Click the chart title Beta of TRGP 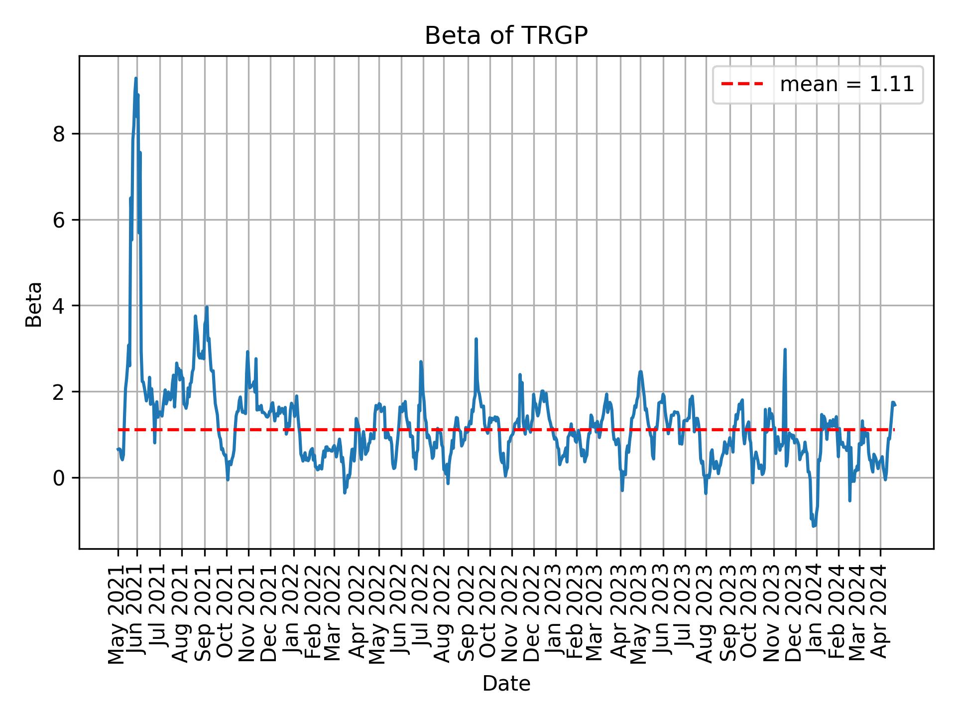506,36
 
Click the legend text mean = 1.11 846,85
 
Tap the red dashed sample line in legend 742,85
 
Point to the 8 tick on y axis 59,134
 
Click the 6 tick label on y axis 59,220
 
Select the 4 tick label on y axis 59,306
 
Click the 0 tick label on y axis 59,478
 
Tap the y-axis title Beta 34,304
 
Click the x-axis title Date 506,684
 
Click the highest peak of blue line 135,78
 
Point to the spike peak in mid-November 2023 785,350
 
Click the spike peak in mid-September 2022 476,339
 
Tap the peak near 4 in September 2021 207,307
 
